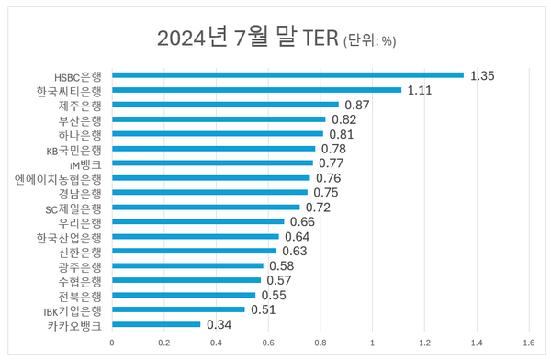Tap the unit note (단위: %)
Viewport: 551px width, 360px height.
pos(369,41)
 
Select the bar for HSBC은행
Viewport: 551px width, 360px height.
pos(287,75)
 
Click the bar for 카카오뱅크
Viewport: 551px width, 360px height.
pos(156,324)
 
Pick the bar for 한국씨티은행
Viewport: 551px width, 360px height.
pos(256,90)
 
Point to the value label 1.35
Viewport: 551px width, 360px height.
pos(482,75)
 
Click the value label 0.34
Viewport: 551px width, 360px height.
pos(219,324)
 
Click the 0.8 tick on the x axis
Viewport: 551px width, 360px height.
pos(320,343)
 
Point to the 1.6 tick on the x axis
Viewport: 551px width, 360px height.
pos(529,343)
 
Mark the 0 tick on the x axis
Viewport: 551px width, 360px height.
pos(112,343)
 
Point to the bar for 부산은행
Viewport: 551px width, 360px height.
pos(219,119)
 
